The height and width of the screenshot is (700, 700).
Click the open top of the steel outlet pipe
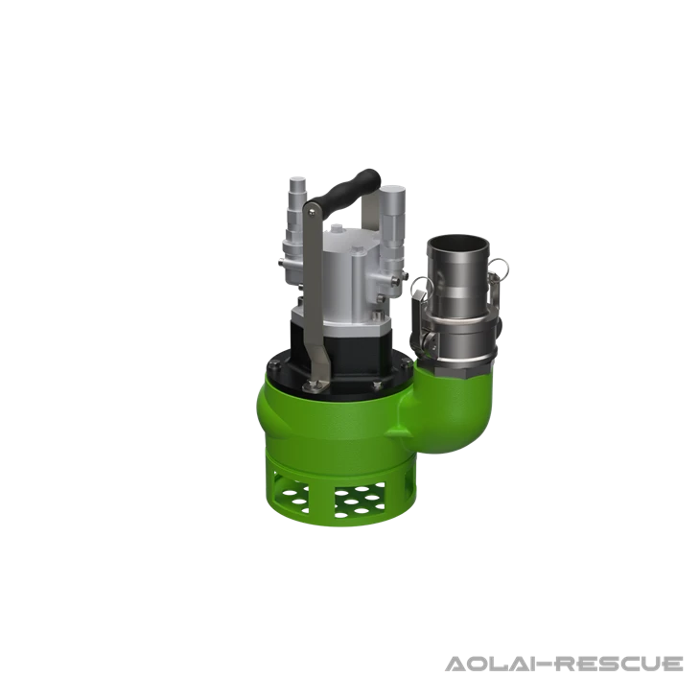pyautogui.click(x=459, y=241)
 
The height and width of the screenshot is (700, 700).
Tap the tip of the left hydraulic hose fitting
pyautogui.click(x=296, y=183)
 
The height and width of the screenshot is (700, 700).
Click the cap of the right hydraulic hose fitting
pyautogui.click(x=394, y=193)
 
